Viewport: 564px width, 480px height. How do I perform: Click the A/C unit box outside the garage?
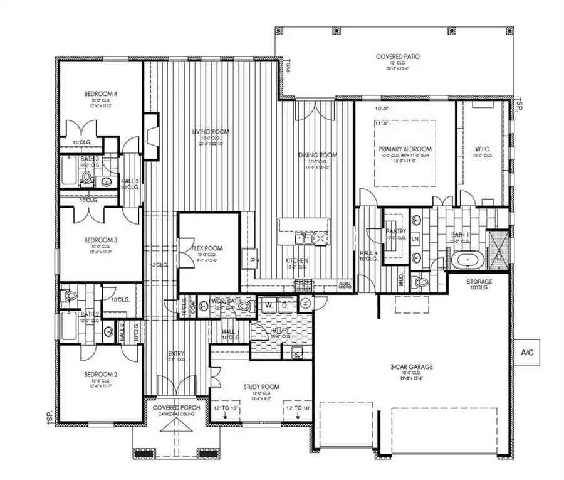coord(527,353)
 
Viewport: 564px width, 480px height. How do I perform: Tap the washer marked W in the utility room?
coord(268,304)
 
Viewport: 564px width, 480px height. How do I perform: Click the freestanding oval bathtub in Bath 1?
coord(467,260)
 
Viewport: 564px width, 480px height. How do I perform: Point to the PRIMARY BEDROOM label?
coord(405,149)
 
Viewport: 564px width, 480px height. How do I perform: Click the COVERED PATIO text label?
coord(397,56)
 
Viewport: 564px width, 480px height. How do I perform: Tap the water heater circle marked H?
coord(305,304)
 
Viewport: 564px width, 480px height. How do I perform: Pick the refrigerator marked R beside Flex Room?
coord(251,259)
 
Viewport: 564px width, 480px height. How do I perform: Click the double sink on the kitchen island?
coord(304,238)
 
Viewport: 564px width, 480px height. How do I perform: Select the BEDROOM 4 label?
coord(101,94)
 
